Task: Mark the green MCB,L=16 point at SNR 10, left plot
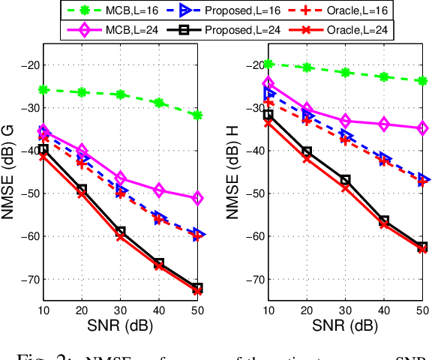point(44,89)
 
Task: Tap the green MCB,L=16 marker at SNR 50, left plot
point(197,115)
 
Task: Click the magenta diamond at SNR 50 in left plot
point(197,198)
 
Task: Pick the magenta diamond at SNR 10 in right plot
point(268,83)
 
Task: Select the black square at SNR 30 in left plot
point(121,231)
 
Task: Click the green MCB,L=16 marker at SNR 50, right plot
point(422,80)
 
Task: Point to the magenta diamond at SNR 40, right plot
point(384,124)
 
